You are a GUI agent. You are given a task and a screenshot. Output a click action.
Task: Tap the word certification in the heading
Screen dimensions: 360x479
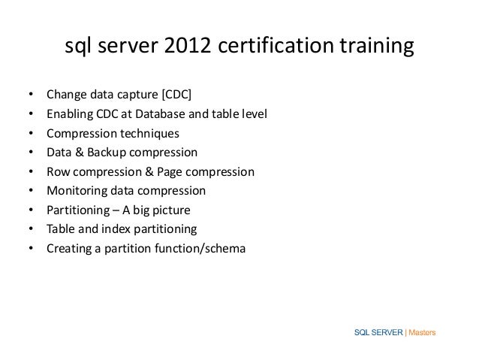[x=273, y=48]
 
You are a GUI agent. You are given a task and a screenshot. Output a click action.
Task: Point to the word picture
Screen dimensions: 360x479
[x=185, y=209]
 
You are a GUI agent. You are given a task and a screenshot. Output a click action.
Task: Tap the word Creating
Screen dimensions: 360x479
[x=68, y=247]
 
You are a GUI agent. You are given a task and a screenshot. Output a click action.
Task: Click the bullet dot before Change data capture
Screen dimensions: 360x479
[x=31, y=96]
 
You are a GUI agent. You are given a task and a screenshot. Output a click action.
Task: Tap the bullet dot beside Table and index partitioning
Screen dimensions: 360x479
[x=31, y=228]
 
